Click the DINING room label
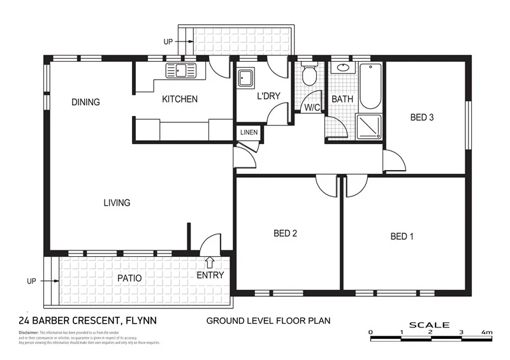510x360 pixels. tap(86, 102)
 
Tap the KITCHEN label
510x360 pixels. tap(180, 99)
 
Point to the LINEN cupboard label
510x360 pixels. tap(248, 133)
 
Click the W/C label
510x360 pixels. tap(312, 108)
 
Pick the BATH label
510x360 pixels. tap(342, 100)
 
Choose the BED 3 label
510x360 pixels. tap(422, 117)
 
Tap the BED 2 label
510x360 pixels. tap(286, 233)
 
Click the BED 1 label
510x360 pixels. tap(402, 237)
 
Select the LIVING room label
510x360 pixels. tap(117, 203)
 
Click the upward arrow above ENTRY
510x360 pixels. tap(210, 262)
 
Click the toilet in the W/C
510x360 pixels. tap(309, 75)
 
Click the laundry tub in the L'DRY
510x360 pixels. tap(246, 78)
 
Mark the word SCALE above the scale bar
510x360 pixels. tap(429, 325)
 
